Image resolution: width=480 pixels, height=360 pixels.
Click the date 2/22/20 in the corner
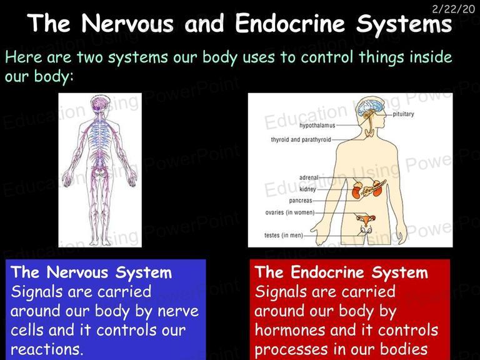453,9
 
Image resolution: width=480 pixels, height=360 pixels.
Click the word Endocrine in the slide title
290,23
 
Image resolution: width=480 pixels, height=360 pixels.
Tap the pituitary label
403,114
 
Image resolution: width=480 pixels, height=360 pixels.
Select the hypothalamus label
317,126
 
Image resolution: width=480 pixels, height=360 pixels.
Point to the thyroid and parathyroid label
301,139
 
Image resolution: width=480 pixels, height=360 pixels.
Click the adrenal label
309,177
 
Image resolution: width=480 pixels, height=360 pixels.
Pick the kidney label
307,189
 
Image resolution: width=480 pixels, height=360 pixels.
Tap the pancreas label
301,201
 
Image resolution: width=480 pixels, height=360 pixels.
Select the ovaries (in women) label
290,212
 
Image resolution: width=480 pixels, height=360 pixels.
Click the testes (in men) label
284,235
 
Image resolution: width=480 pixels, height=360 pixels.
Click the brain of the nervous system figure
100,103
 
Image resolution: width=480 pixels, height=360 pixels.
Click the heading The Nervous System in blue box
91,272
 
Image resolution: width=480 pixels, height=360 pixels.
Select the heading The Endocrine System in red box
341,272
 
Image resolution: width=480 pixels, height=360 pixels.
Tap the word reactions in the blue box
47,349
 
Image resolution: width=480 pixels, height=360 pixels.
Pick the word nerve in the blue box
178,312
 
